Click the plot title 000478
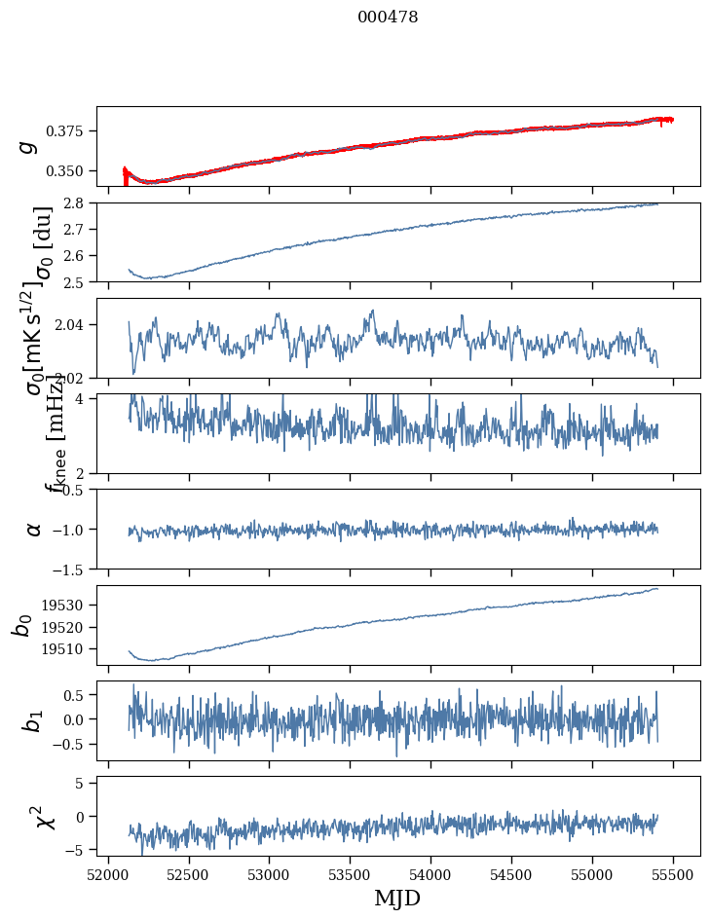[x=388, y=18]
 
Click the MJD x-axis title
[x=397, y=898]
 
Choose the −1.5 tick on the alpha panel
[x=71, y=569]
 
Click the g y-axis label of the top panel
[x=30, y=147]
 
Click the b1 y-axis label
[x=33, y=720]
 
